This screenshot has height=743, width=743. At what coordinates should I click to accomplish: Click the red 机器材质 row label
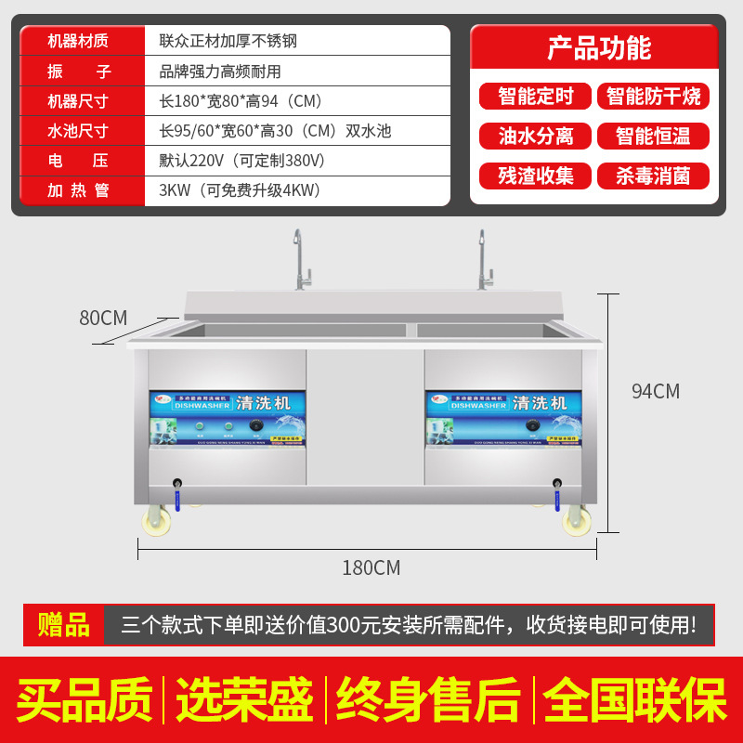click(x=78, y=41)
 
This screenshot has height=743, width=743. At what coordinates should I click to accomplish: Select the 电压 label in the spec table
click(x=78, y=161)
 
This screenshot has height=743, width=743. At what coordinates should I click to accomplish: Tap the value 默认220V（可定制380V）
click(x=242, y=161)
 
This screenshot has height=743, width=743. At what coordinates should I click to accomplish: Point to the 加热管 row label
click(x=78, y=190)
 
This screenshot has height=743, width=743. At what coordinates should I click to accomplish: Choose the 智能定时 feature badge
click(x=536, y=96)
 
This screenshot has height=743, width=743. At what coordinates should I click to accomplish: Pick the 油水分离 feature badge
click(x=536, y=136)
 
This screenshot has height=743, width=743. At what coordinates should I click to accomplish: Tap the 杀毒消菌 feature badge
click(x=653, y=176)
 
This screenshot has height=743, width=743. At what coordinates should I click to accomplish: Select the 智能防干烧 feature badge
click(x=653, y=96)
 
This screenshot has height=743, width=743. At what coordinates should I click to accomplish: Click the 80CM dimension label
click(x=102, y=318)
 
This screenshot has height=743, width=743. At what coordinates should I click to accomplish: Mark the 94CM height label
click(x=655, y=391)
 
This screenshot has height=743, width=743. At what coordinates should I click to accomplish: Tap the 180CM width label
click(x=371, y=567)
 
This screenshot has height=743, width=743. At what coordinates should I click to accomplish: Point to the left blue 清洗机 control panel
click(x=228, y=417)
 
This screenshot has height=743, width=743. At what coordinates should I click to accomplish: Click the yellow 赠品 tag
click(x=63, y=624)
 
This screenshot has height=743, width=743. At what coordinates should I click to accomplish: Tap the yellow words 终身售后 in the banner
click(x=428, y=701)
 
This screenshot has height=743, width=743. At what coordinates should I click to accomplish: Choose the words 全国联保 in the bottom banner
click(x=635, y=701)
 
